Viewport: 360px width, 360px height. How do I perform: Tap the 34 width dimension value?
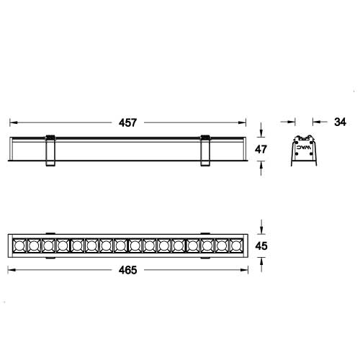click(341, 122)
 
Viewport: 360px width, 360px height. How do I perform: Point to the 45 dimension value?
click(262, 246)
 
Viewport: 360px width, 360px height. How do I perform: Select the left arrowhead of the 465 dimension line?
click(9, 270)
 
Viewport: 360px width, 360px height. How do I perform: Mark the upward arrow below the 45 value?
click(262, 262)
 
